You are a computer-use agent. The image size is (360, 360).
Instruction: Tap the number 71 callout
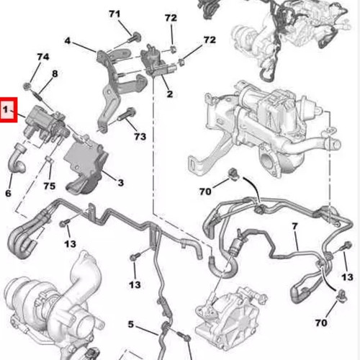(114, 14)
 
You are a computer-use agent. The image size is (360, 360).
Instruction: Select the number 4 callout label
(68, 41)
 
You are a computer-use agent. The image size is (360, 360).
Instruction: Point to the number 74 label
(43, 57)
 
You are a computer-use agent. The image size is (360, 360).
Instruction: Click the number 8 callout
(55, 73)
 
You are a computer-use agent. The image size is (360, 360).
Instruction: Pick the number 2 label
(170, 94)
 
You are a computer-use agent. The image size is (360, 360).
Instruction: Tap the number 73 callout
(140, 137)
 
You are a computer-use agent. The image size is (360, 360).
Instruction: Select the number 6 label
(8, 193)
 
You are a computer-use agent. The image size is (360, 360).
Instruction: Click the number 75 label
(50, 186)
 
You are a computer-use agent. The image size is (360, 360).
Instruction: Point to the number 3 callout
(120, 183)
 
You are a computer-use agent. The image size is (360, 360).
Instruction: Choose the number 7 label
(294, 226)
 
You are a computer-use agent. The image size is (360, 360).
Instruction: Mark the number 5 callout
(130, 324)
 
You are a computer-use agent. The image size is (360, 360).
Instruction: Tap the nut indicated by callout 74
(27, 86)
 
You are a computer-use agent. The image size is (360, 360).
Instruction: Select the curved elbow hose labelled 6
(17, 158)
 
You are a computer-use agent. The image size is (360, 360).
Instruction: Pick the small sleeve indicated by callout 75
(49, 159)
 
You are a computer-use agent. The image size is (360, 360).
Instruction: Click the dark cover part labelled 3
(86, 166)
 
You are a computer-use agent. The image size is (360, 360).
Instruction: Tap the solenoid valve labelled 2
(156, 60)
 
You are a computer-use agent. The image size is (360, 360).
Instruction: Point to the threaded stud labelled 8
(39, 96)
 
